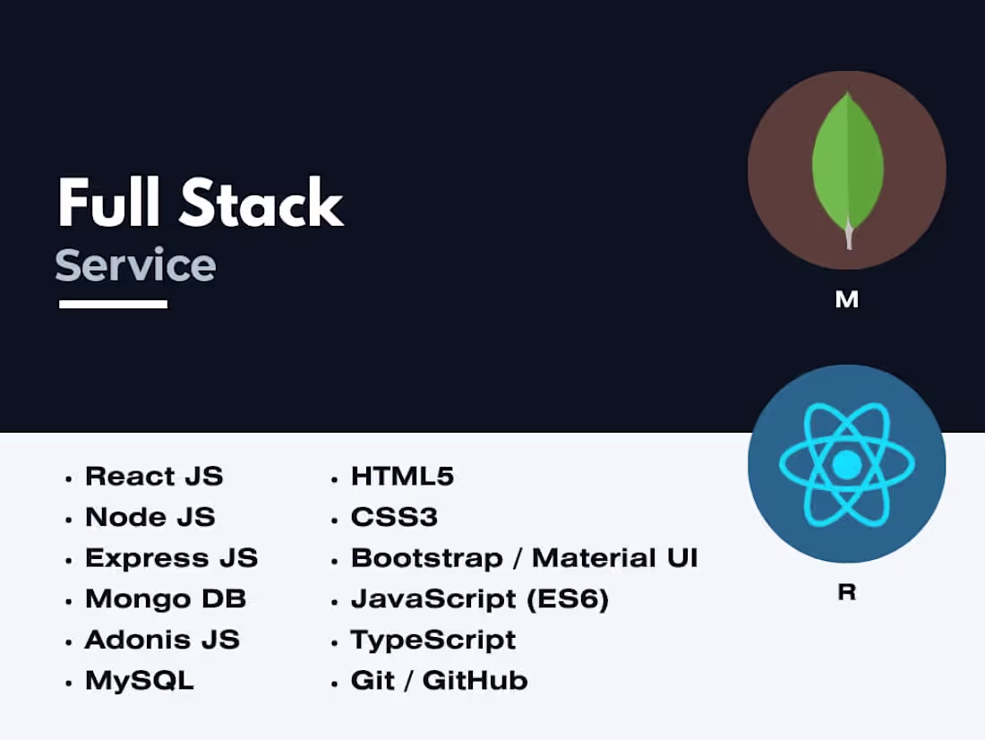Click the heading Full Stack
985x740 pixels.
(201, 203)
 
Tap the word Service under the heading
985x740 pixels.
(135, 265)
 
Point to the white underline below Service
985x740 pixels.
(113, 305)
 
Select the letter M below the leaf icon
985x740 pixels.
(846, 300)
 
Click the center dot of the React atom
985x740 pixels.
(846, 464)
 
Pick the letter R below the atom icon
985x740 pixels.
(846, 592)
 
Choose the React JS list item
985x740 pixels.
(154, 476)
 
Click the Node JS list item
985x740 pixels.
(150, 517)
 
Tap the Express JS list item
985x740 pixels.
(171, 558)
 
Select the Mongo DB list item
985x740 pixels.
(166, 598)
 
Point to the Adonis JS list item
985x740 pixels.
(162, 640)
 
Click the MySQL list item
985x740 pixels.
(140, 681)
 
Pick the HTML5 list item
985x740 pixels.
(403, 476)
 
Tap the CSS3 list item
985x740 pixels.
(395, 517)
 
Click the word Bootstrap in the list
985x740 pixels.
(426, 558)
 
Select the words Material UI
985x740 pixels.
(615, 558)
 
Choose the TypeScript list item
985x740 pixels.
(433, 640)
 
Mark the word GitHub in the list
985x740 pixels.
(475, 681)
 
